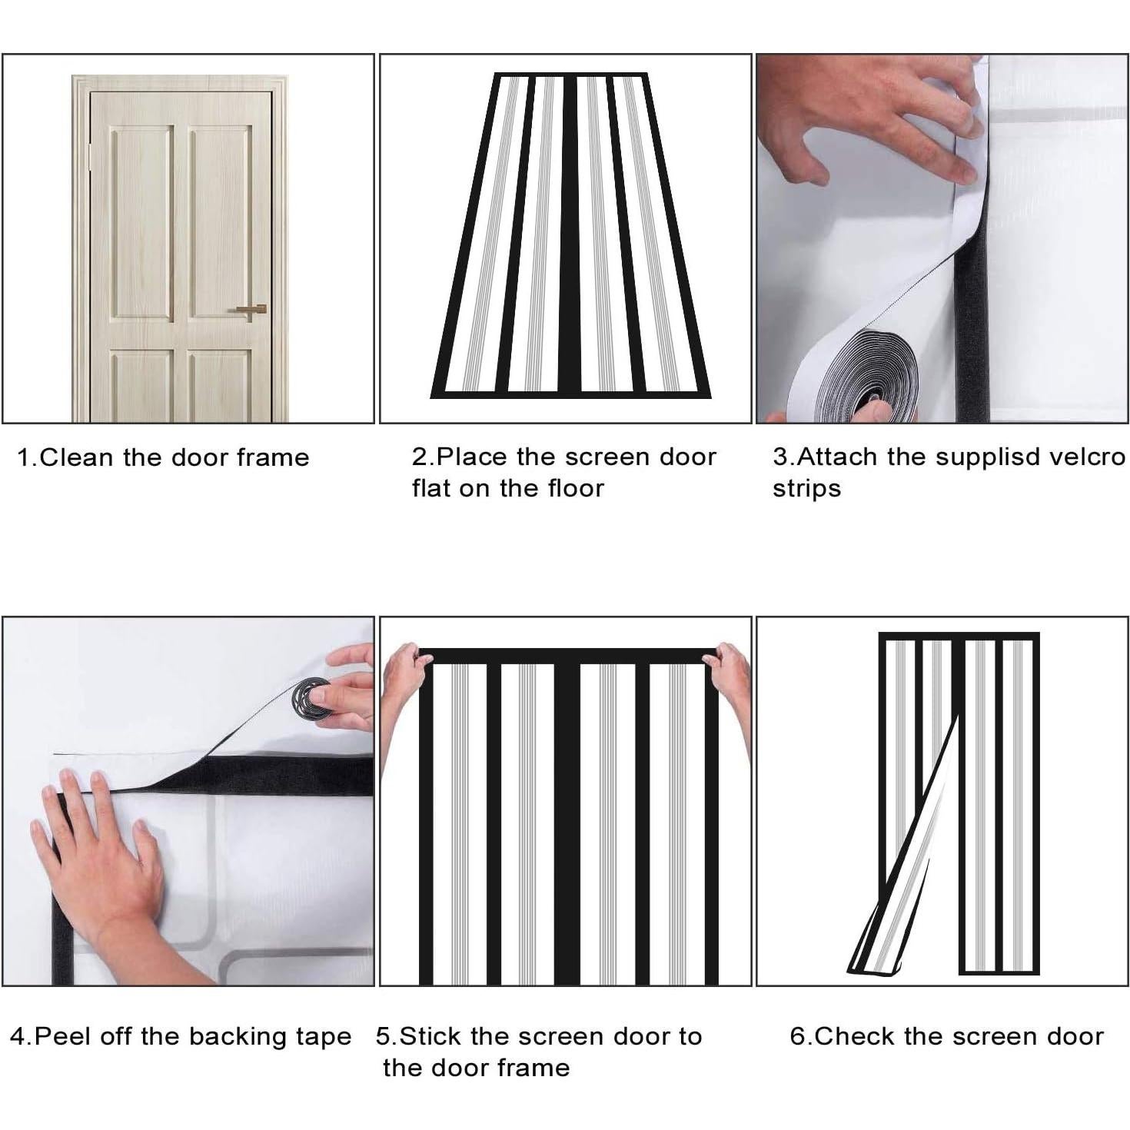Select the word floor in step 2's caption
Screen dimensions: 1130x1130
[x=574, y=488]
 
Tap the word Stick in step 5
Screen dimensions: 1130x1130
[x=430, y=1037]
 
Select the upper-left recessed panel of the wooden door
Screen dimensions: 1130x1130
[x=141, y=224]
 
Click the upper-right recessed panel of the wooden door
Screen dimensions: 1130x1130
[x=220, y=223]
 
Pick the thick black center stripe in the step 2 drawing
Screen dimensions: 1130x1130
[x=567, y=234]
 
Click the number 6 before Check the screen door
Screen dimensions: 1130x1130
[x=797, y=1037]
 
